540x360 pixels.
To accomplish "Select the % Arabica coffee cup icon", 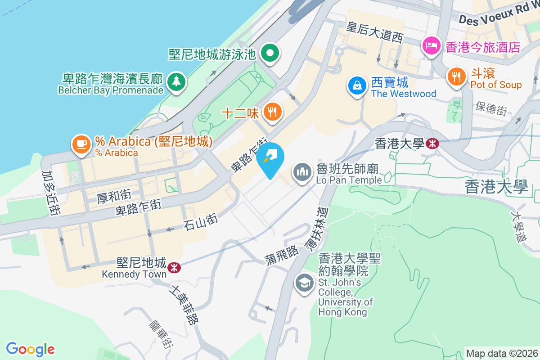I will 81,144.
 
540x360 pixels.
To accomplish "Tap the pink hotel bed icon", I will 431,45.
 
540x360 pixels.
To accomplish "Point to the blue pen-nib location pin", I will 270,157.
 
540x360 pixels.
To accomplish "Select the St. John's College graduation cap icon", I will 305,283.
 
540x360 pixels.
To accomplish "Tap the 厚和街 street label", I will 114,196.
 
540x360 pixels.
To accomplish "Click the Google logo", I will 30,349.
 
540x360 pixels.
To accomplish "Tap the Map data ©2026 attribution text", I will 502,353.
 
